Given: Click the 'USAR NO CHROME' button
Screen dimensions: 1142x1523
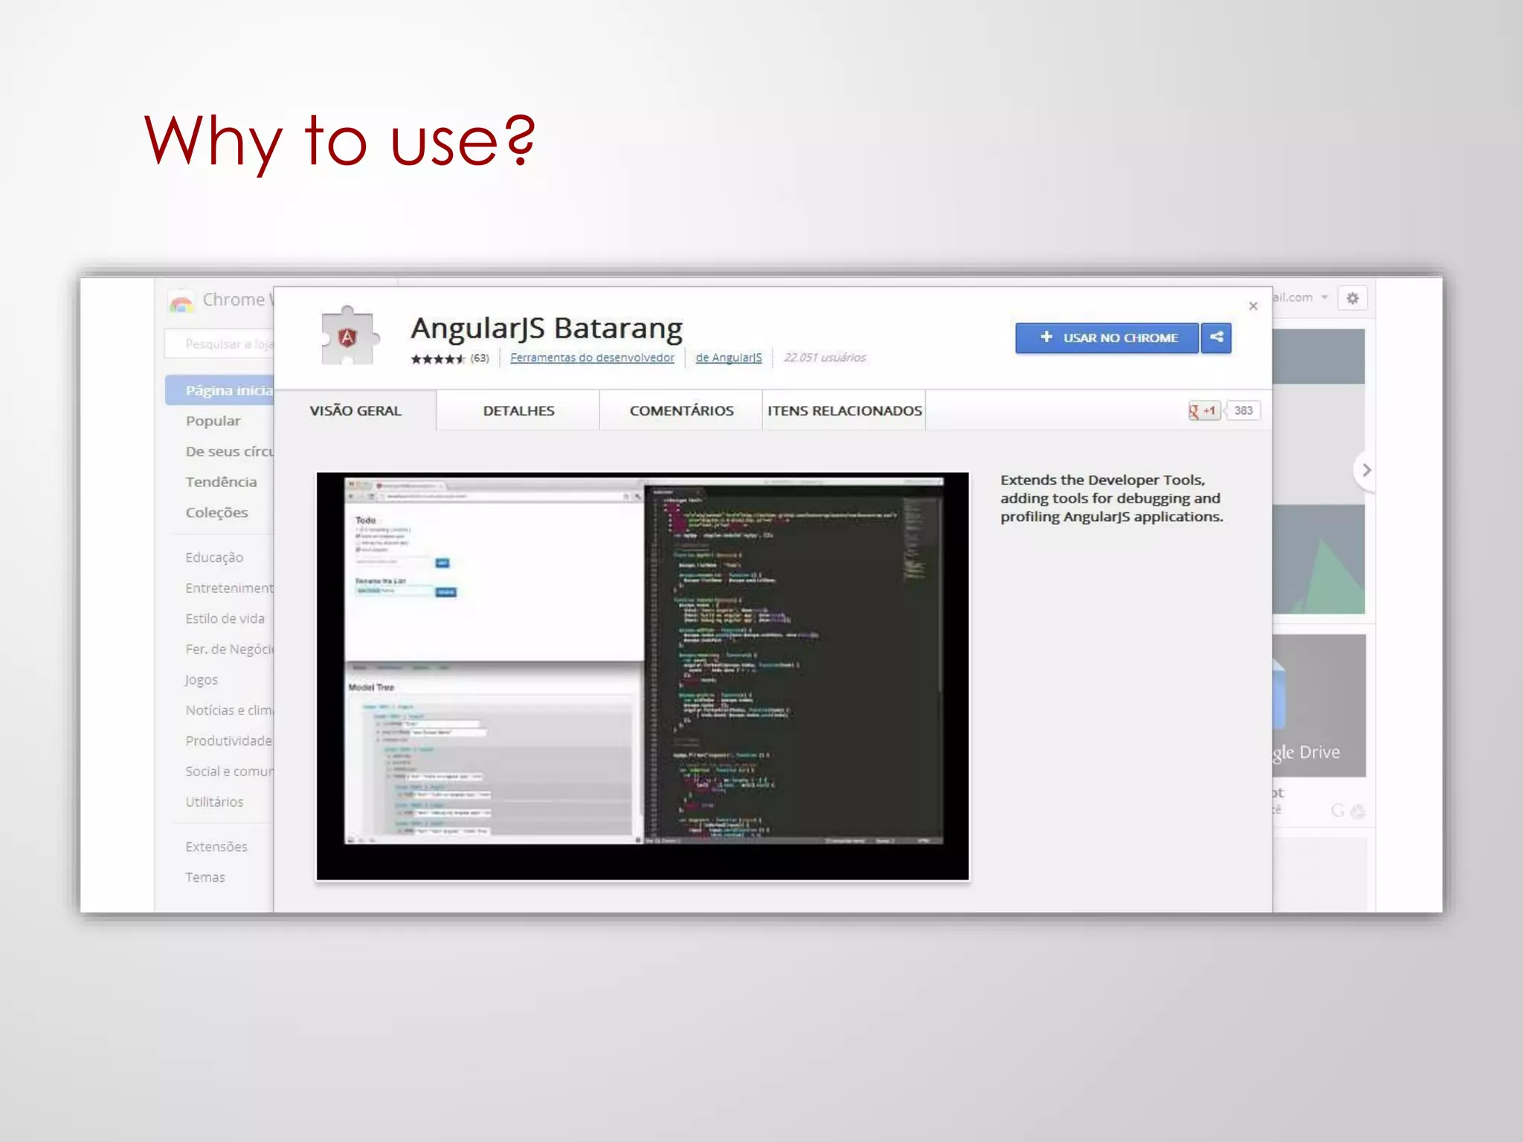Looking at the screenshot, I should pos(1107,338).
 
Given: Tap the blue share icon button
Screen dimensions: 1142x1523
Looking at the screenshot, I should pos(1217,338).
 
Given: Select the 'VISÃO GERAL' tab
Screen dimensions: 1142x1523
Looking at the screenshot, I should pos(355,410).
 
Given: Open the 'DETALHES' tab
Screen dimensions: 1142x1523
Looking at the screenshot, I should pos(518,410).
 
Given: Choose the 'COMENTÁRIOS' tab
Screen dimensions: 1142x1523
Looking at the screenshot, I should pos(681,410).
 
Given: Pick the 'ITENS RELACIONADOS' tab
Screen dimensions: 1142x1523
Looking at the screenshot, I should pos(844,410).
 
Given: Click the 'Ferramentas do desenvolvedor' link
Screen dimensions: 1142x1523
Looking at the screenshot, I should pos(592,358).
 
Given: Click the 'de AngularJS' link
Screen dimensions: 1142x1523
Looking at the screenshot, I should pos(729,358).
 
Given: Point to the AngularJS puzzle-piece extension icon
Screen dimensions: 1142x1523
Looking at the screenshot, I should pos(348,337).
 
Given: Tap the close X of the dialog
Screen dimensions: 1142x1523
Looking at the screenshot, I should pos(1253,306).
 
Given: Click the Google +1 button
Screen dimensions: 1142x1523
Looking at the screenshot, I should pos(1203,410).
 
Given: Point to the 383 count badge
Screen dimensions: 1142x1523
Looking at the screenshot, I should pos(1243,410).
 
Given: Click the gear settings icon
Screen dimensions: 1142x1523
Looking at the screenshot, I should pos(1353,298).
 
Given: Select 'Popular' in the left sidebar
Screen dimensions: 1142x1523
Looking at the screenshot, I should pos(213,421).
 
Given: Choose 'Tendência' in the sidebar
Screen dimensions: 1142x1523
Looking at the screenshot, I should pos(221,482).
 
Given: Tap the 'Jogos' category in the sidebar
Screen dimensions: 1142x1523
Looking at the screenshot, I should pos(202,680).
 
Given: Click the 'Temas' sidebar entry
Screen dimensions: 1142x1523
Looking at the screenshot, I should pos(205,877).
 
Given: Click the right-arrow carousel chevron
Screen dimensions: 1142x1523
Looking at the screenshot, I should pos(1365,470).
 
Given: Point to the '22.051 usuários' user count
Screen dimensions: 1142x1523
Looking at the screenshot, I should pos(825,358).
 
